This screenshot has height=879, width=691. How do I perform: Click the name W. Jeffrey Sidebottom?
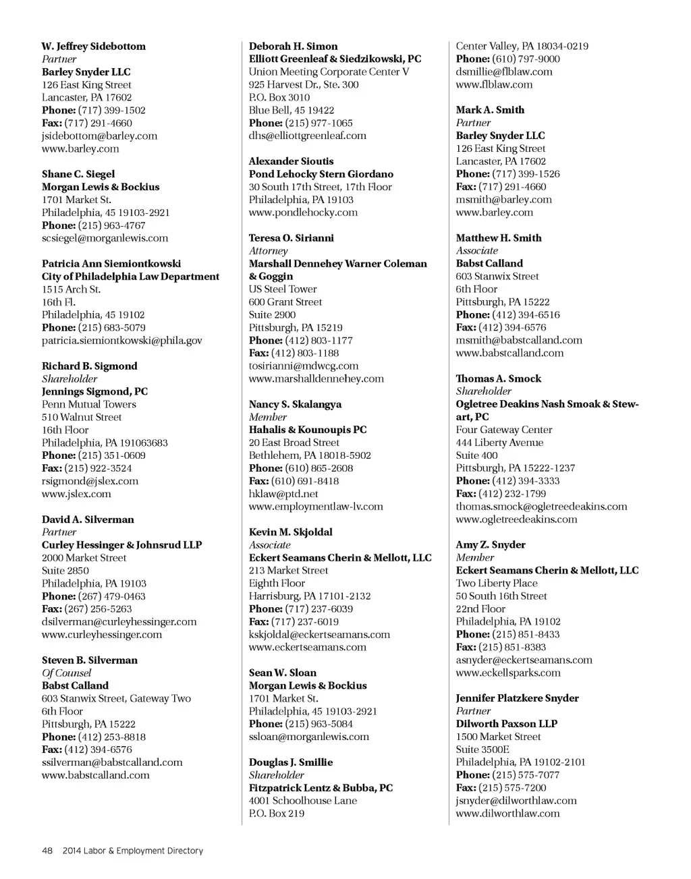coord(93,47)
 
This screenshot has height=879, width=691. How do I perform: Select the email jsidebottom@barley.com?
coord(99,136)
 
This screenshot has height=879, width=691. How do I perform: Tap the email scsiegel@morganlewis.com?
coord(105,238)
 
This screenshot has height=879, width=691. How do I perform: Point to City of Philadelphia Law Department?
coord(130,277)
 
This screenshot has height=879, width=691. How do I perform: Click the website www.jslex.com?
coord(76,494)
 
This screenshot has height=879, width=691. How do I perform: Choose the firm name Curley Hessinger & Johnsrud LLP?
coord(121,545)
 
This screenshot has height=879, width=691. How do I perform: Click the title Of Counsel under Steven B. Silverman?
coord(66,673)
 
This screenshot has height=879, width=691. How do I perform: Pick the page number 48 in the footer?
coord(47,851)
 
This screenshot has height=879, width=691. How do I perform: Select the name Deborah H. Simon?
coord(293,47)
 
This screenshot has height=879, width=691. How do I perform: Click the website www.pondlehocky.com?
coord(303,212)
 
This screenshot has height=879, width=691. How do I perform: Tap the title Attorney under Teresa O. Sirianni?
coord(268,251)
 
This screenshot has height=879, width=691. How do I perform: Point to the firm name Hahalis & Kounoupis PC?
coord(308,430)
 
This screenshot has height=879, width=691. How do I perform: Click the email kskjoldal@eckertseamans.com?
coord(319,635)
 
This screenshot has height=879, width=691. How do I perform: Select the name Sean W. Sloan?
coord(282,673)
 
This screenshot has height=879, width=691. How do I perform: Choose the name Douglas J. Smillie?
coord(290,762)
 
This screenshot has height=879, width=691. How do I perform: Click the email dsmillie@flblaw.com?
coord(503,72)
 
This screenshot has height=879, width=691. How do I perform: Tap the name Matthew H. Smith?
coord(498,238)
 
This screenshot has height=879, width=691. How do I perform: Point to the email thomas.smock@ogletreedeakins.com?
coord(541,507)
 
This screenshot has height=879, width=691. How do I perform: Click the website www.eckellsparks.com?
coord(507,673)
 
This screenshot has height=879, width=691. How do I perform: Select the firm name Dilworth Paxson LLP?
coord(506,724)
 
